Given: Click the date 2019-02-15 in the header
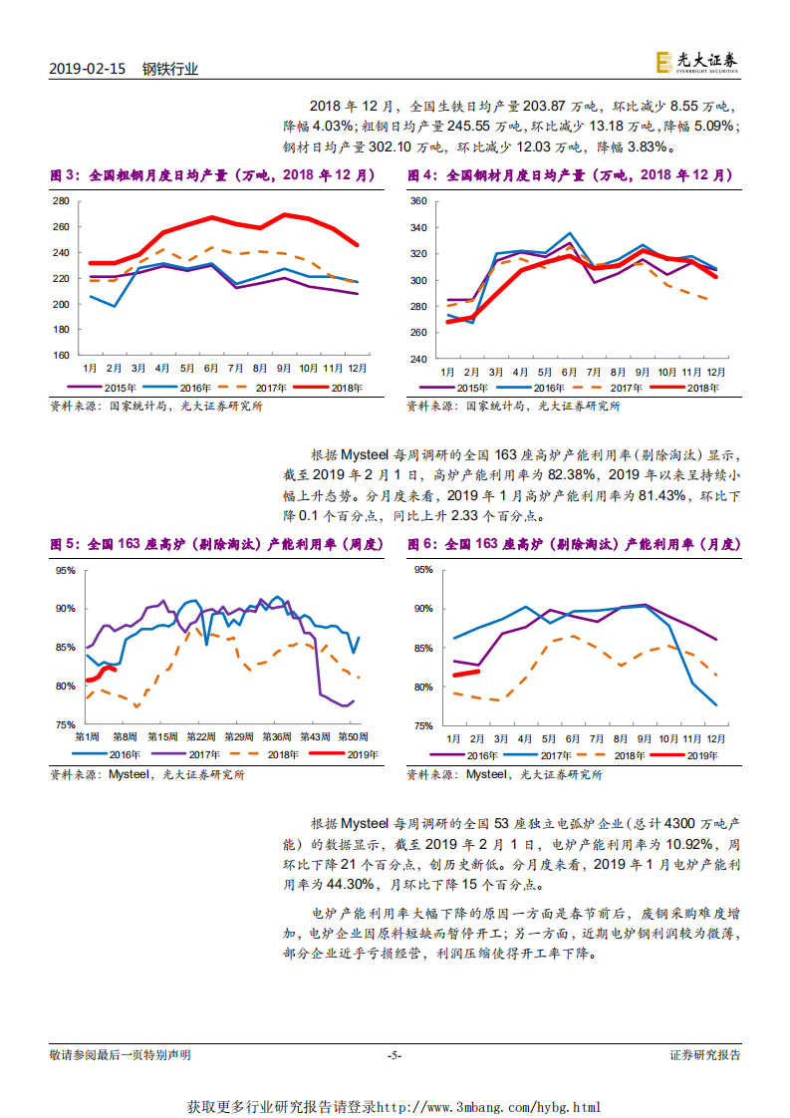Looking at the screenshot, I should point(87,69).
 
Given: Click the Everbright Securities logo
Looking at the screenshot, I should point(697,63).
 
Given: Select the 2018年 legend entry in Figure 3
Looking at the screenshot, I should point(338,389).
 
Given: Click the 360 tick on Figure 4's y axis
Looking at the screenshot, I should point(418,201).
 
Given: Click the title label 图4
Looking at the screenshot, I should point(421,175).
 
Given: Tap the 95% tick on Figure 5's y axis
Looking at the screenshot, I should point(66,571).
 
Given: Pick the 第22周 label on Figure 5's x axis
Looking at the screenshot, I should point(201,736).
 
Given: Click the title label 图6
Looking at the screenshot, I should point(421,544).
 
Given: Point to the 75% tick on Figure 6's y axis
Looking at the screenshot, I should point(422,725).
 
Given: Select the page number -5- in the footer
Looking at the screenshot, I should point(395,1055).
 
